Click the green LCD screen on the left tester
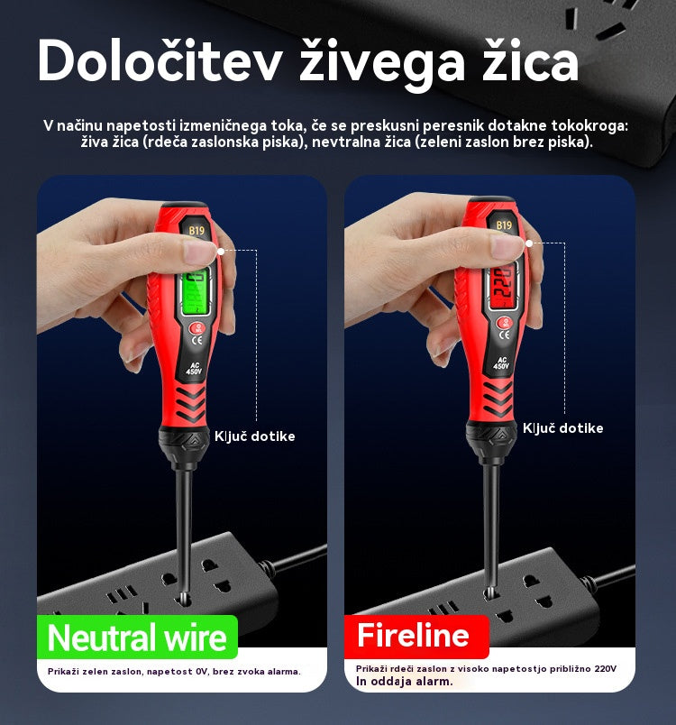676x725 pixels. tap(195, 291)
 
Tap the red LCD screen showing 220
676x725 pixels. tap(502, 288)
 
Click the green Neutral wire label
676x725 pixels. tap(137, 638)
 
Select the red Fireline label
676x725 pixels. tap(416, 636)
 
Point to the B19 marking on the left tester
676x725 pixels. tap(196, 230)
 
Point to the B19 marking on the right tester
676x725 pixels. tap(504, 225)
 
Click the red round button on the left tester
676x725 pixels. tap(197, 328)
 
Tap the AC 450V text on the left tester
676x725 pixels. tap(194, 369)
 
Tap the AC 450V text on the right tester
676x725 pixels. tap(501, 363)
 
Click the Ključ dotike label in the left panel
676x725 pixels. tap(254, 436)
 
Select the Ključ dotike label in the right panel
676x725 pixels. tap(562, 428)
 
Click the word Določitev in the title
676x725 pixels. tap(160, 61)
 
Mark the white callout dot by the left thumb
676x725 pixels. tap(221, 251)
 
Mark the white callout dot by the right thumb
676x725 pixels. tap(529, 243)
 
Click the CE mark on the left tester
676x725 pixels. tap(196, 341)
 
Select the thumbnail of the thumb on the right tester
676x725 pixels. tap(507, 246)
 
